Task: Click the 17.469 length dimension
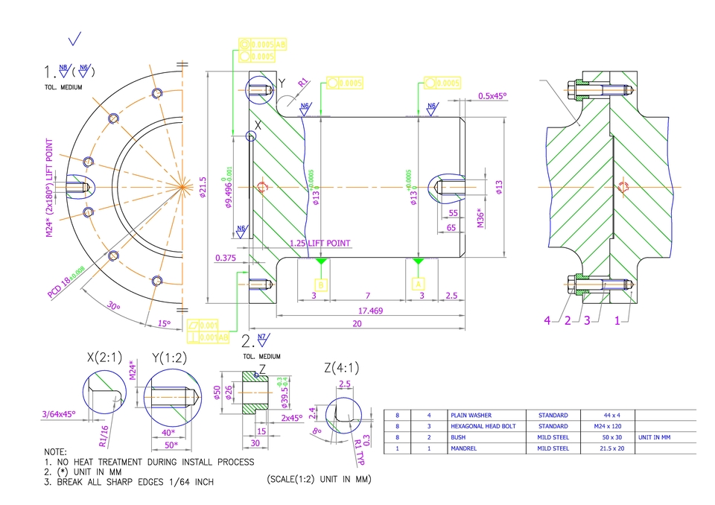370,311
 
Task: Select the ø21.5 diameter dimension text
202,187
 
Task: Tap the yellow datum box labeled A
419,284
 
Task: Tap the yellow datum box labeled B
321,284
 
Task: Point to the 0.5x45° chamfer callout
492,95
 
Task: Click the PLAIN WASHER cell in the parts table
471,415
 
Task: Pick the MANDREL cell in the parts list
463,448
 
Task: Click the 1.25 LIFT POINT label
320,243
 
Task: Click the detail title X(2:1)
104,358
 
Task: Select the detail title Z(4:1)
339,367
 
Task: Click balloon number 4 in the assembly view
547,320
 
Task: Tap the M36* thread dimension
480,218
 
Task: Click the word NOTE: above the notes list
55,452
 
